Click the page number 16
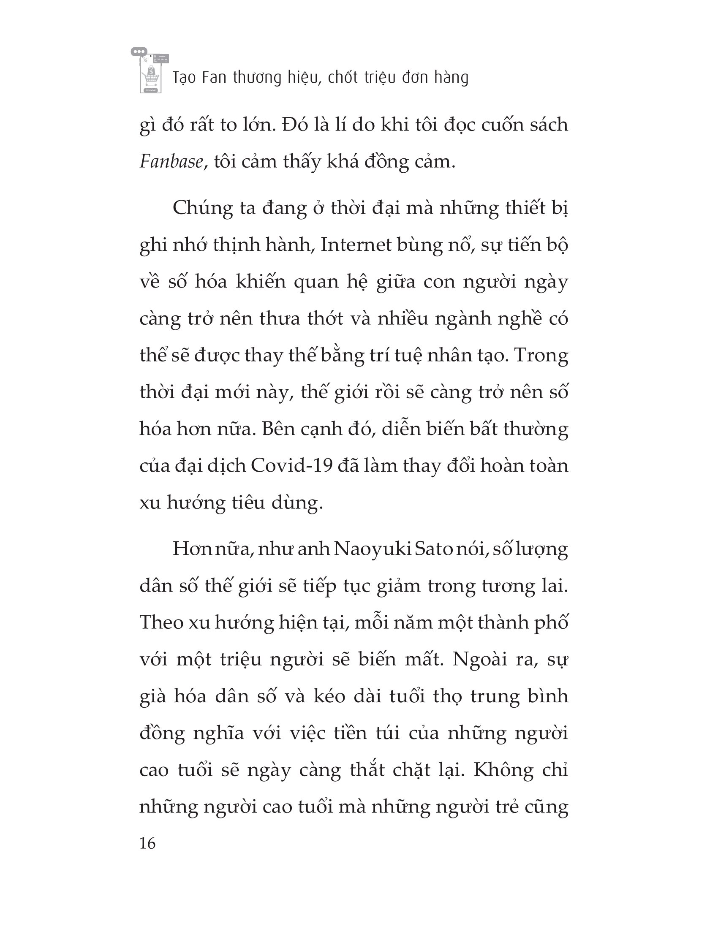147,843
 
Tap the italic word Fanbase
171,162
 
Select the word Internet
356,245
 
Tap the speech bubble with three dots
139,52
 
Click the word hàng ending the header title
451,78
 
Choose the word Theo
161,622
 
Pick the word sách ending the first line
546,125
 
